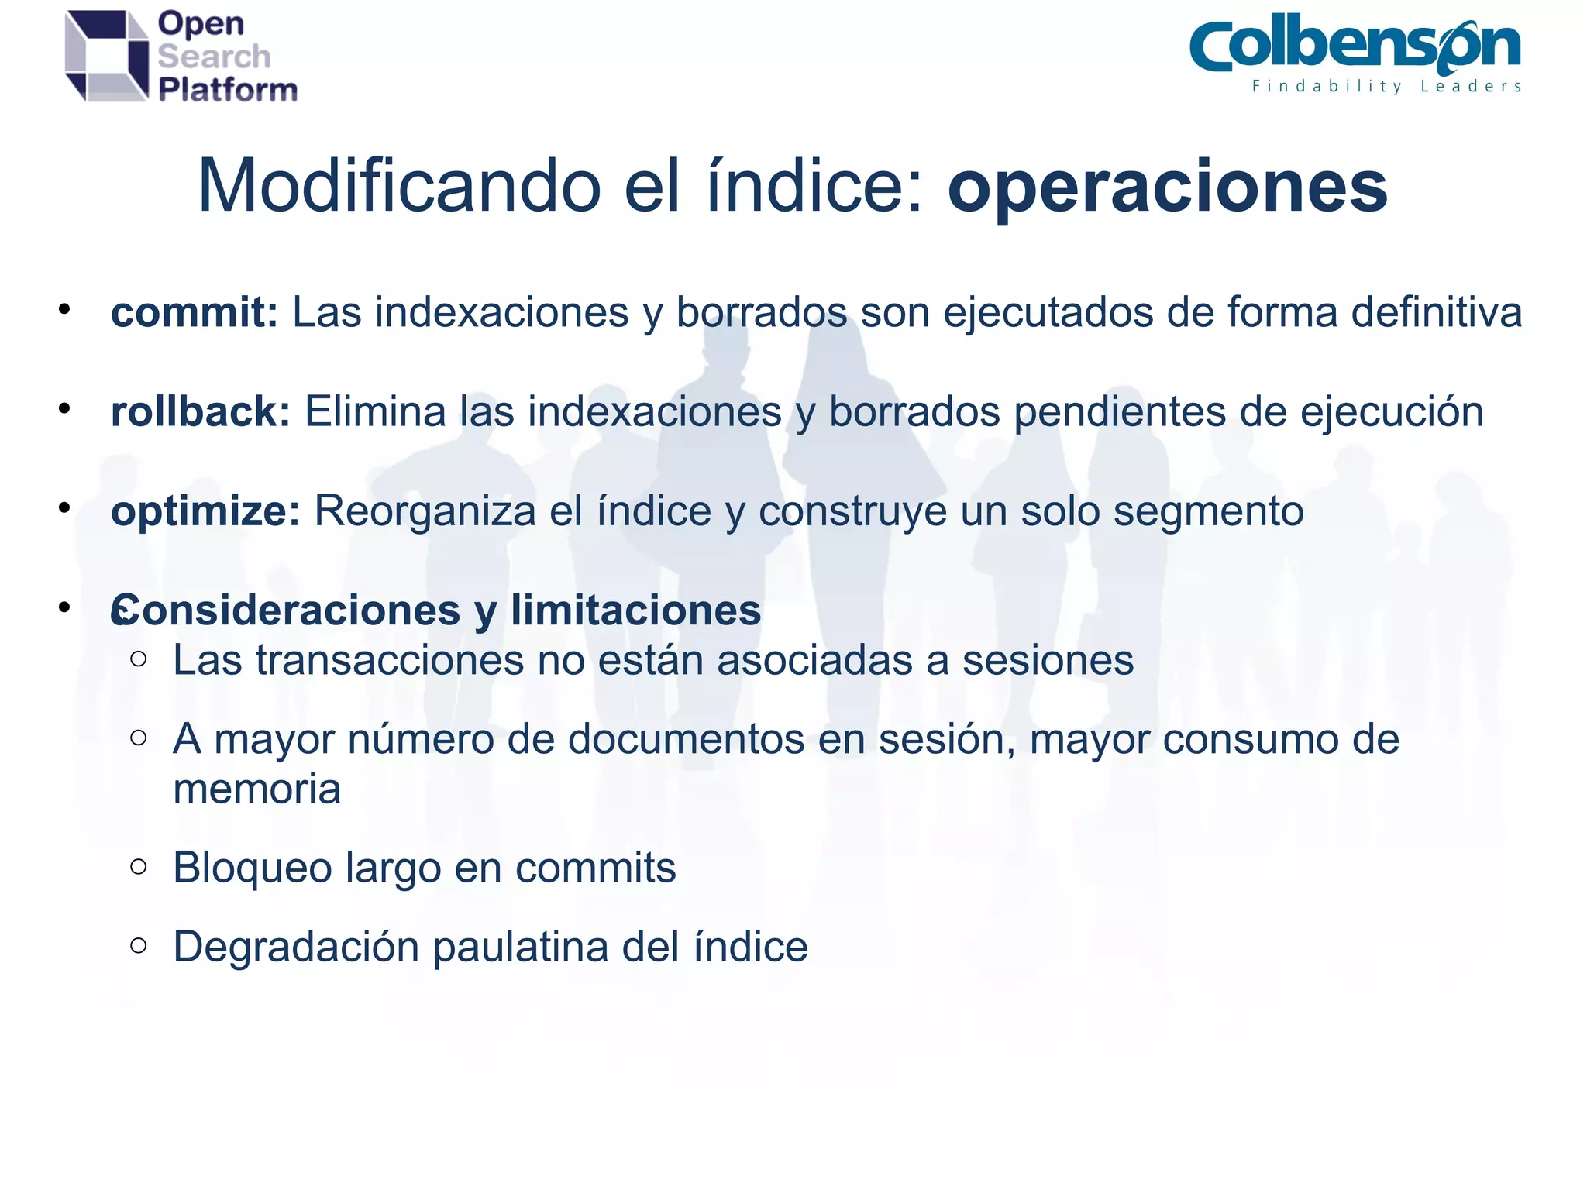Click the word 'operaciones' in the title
point(1167,188)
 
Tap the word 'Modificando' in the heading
point(399,187)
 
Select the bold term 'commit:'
point(195,313)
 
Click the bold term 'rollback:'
point(201,411)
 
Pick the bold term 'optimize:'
point(205,511)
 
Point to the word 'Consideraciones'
point(286,610)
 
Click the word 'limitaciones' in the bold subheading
point(635,610)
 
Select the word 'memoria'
point(256,789)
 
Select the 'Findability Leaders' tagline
point(1386,86)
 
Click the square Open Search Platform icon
point(106,56)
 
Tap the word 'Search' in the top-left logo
point(214,57)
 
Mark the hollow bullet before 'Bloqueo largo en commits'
point(139,866)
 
